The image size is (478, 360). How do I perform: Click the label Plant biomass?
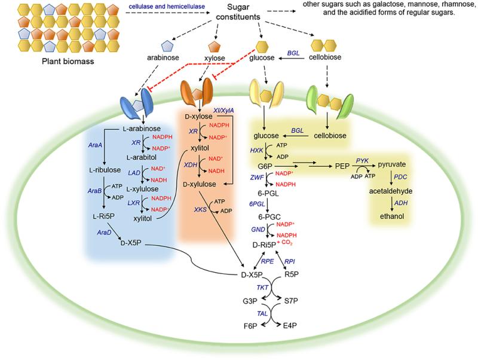tap(68, 62)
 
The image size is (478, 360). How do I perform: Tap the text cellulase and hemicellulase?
tap(167, 7)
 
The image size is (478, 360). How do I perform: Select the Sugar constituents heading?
tap(238, 12)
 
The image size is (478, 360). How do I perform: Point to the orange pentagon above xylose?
tap(215, 47)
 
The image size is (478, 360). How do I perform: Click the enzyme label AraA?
tap(95, 145)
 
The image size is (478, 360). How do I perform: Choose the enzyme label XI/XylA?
tap(223, 111)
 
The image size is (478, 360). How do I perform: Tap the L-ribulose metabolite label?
tap(105, 170)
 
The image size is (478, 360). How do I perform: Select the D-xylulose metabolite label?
tap(200, 184)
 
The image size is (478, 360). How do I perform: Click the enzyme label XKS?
tap(200, 209)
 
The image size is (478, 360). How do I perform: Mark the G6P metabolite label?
tap(265, 166)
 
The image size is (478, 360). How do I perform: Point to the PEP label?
tap(342, 166)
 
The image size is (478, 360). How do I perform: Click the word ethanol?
tap(392, 216)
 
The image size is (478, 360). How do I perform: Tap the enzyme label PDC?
tap(400, 177)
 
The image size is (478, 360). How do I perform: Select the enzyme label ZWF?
tap(257, 177)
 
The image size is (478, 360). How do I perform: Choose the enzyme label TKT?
tap(262, 288)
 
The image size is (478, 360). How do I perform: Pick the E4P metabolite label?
tap(290, 326)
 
